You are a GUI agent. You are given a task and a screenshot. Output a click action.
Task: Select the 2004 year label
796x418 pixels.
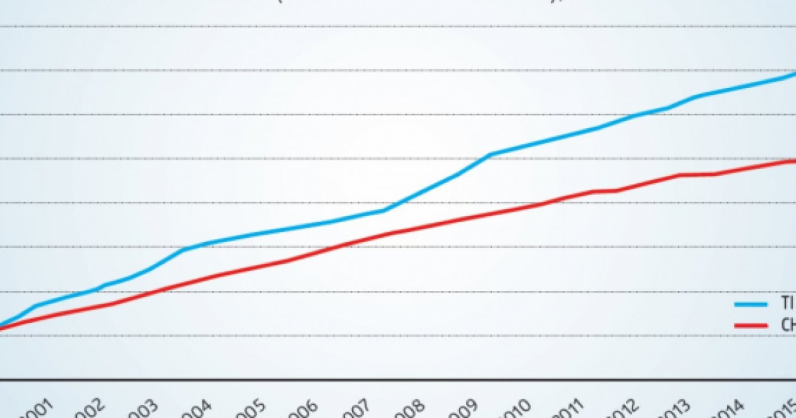click(x=197, y=410)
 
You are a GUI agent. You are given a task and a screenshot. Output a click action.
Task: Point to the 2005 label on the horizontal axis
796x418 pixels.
click(x=250, y=410)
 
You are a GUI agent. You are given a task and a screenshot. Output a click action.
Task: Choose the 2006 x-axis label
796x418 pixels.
click(x=303, y=410)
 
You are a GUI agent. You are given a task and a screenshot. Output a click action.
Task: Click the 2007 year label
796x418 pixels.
click(x=356, y=410)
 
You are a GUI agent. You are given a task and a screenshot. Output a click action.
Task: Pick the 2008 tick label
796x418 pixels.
click(x=409, y=410)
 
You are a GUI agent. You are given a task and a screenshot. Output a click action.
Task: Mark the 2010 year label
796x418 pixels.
click(x=515, y=410)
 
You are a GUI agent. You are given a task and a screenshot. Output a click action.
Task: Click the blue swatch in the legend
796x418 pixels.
click(x=751, y=304)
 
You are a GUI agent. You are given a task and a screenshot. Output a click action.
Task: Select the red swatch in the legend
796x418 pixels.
click(x=751, y=325)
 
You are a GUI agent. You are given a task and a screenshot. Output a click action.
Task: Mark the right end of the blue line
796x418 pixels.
click(x=795, y=74)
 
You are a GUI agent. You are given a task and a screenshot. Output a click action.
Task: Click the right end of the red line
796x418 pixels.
click(x=795, y=161)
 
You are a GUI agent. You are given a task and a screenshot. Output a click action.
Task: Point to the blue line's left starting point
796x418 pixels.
click(x=1, y=325)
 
